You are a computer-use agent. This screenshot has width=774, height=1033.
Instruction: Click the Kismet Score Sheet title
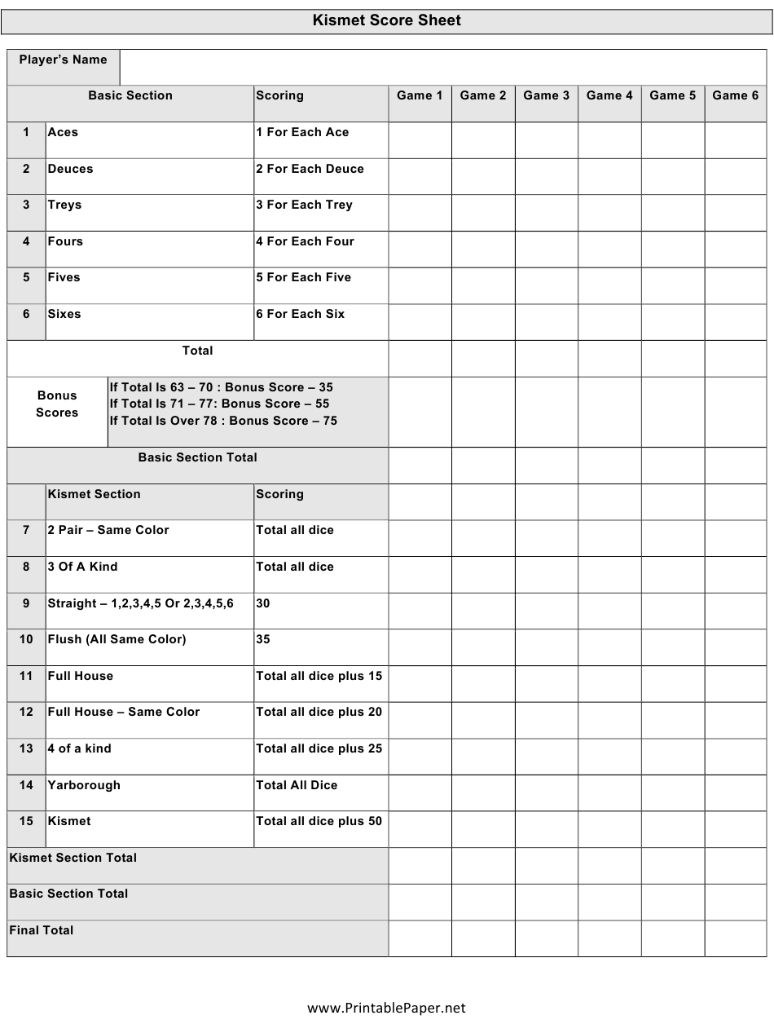coord(386,21)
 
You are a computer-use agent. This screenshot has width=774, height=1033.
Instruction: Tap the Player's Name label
coord(63,60)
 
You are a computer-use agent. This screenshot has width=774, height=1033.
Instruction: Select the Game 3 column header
coord(546,95)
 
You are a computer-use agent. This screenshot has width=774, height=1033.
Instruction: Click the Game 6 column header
coord(735,95)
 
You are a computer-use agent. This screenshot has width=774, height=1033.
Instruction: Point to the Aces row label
coord(63,132)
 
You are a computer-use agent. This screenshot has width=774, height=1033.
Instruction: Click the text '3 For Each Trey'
coord(304,205)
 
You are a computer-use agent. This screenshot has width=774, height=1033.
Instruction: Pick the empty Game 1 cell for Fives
coord(420,285)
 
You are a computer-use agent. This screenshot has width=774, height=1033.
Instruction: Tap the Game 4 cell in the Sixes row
coord(609,322)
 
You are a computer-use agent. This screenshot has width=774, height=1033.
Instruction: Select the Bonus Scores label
coord(57,404)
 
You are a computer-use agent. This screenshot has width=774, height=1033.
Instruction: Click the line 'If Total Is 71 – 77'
coord(219,404)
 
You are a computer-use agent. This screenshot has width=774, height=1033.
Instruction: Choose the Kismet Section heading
coord(94,494)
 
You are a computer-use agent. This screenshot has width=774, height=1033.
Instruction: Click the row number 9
coord(26,603)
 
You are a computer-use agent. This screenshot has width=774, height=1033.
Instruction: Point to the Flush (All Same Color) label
coord(117,639)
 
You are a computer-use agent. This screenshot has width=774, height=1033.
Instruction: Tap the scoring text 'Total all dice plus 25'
coord(319,748)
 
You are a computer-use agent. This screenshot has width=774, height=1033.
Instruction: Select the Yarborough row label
coord(84,785)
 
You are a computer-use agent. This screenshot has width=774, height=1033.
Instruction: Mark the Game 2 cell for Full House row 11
coord(483,683)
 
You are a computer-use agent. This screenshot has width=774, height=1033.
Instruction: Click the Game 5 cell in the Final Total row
coord(672,938)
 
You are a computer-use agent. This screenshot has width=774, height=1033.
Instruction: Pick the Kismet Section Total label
coord(73,858)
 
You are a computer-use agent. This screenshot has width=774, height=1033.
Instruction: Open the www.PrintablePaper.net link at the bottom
coord(386,1008)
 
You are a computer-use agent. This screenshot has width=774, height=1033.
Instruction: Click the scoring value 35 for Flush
coord(263,639)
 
